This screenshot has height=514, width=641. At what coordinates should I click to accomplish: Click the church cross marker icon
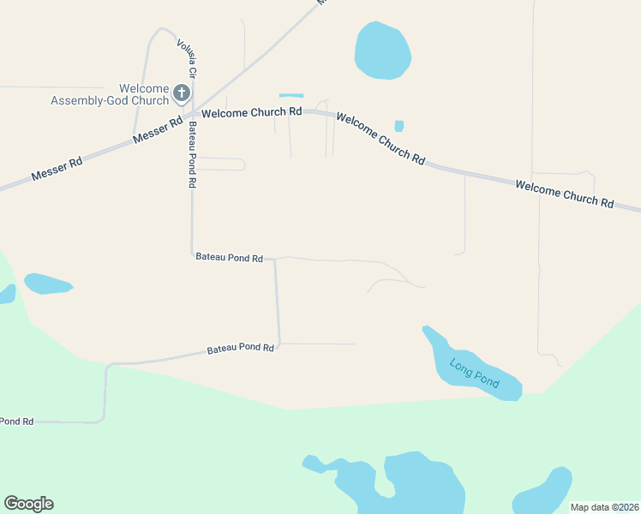coord(182,93)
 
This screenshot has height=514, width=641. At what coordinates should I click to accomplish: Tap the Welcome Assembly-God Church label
coord(110,95)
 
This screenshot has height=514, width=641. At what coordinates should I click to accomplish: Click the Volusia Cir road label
coord(186,57)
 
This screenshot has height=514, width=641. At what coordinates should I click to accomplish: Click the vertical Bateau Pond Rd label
coord(193,154)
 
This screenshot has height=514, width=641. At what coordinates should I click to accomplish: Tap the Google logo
coord(28,504)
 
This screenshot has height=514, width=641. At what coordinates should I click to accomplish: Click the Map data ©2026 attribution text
coord(604,507)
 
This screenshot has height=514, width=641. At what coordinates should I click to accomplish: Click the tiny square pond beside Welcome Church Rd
coord(399,126)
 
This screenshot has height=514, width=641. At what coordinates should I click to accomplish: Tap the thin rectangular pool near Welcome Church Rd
coord(291,95)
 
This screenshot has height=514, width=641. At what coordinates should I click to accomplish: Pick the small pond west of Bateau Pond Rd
coord(47,284)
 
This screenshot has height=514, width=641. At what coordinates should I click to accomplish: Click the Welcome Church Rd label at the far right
coord(565,193)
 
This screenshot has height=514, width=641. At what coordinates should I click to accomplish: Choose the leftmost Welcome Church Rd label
coord(251,112)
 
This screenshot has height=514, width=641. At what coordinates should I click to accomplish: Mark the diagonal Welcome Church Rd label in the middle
coord(380,138)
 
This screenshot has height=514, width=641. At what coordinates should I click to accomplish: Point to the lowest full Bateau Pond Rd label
coord(240,349)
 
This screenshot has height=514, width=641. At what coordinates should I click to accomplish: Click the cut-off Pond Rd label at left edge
coord(16,421)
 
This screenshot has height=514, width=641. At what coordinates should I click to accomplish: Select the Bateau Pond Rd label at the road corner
coord(229,256)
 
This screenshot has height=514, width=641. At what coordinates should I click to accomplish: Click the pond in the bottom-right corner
coord(544,492)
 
